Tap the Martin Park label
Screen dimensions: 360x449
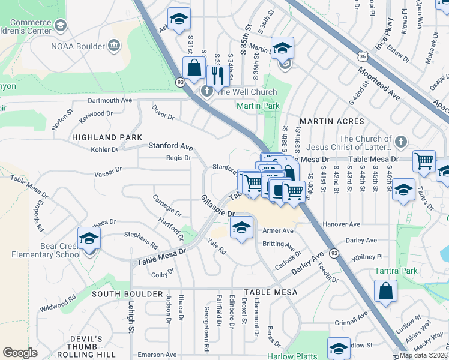pyautogui.click(x=258, y=106)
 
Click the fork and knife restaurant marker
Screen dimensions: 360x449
pyautogui.click(x=216, y=75)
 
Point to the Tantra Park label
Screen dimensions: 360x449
pyautogui.click(x=396, y=271)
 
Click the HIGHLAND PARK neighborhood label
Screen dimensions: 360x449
pyautogui.click(x=107, y=137)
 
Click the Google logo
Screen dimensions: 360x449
pyautogui.click(x=20, y=353)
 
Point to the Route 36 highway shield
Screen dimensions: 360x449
pyautogui.click(x=361, y=56)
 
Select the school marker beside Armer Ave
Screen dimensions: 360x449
pyautogui.click(x=241, y=228)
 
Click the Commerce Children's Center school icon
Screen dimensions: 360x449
pyautogui.click(x=60, y=25)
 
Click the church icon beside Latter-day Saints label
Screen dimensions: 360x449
pyautogui.click(x=401, y=143)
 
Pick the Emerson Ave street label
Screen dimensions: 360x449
pyautogui.click(x=157, y=355)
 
